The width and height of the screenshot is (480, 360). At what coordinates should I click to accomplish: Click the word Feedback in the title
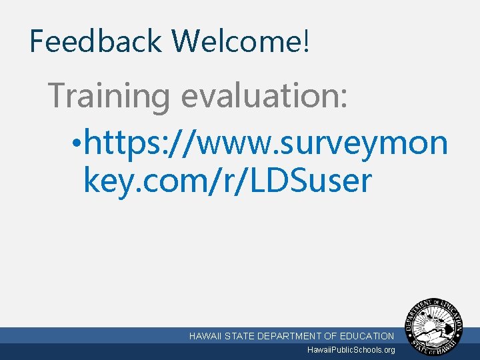96,41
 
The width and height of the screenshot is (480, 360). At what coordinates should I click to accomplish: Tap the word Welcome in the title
237,41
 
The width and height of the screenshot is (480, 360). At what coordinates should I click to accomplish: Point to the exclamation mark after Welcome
306,41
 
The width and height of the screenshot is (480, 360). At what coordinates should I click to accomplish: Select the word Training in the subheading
109,96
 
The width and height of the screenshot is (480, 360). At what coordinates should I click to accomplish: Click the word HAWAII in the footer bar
206,336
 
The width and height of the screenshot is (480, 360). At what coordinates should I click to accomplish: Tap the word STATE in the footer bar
241,336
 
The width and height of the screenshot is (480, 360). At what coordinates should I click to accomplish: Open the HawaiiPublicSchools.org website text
351,350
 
